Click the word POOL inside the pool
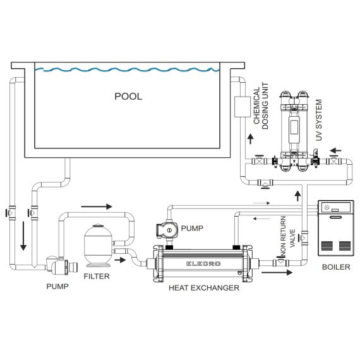[128, 97]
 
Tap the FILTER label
[97, 276]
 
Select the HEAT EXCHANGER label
[204, 287]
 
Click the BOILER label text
[336, 267]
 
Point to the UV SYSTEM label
[319, 120]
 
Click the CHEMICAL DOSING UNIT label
[261, 106]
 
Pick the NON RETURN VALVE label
[287, 236]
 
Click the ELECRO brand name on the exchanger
[203, 264]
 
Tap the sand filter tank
[99, 245]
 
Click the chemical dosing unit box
[243, 107]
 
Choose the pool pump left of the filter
[61, 266]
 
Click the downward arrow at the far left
[23, 236]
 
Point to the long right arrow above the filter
[97, 207]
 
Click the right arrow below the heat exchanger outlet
[277, 272]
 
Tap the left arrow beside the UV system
[335, 151]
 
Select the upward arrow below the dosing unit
[251, 139]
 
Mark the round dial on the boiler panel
[327, 208]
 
